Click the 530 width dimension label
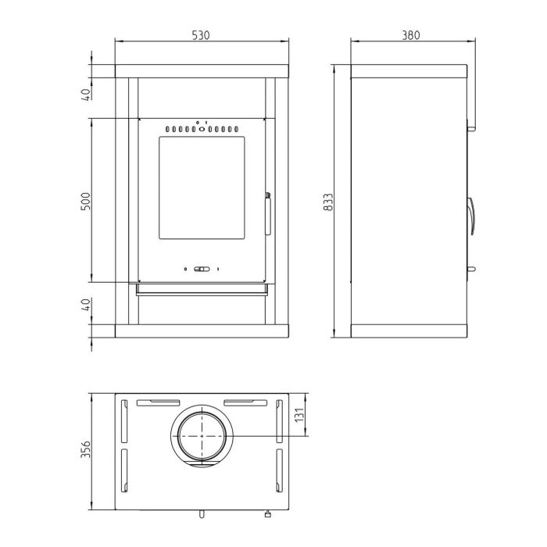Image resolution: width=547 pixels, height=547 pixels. (201, 35)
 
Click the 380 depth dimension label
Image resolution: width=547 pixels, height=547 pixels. (411, 35)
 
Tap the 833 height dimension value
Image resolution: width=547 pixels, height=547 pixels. (329, 202)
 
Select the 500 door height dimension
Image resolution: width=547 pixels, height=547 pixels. (85, 201)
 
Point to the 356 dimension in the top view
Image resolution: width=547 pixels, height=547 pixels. (85, 449)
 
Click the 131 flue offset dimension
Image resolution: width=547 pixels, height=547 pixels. (300, 414)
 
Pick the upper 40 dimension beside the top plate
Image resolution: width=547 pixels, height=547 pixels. (85, 95)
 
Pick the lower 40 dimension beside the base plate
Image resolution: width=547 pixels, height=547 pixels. (85, 304)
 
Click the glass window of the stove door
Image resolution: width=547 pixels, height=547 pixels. (202, 188)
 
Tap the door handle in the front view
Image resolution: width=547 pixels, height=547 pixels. (267, 213)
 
